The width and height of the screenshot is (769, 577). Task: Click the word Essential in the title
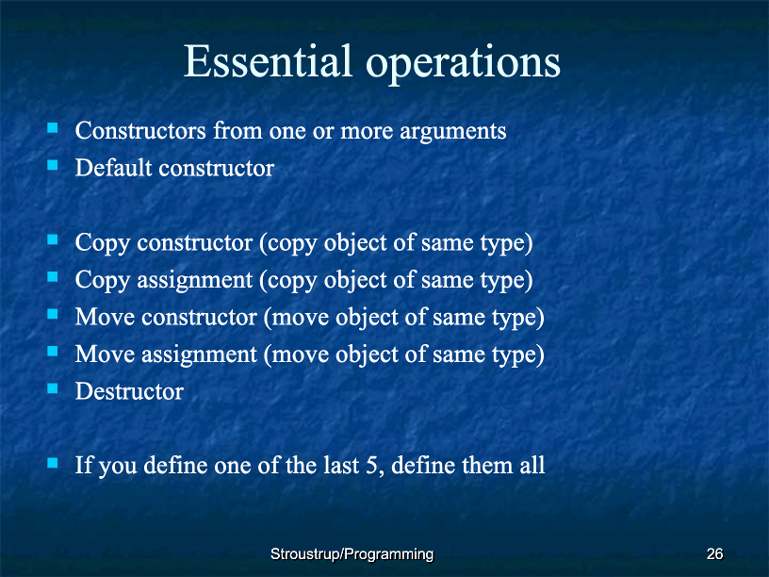(268, 61)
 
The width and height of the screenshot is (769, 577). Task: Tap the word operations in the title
(463, 64)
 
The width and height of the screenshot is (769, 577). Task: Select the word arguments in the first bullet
(453, 131)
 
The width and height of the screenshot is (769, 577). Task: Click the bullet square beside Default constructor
(53, 165)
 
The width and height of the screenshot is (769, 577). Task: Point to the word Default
(114, 168)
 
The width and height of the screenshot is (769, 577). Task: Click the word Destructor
(129, 391)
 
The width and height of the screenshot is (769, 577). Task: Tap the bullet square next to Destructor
(53, 388)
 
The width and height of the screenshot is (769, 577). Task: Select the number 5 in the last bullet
(372, 466)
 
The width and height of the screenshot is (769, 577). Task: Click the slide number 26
(714, 554)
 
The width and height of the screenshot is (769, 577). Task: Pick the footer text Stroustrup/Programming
(352, 554)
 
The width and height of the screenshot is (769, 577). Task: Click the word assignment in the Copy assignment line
(195, 281)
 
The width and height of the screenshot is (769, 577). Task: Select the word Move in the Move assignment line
(105, 354)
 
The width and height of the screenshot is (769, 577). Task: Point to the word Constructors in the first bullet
(140, 131)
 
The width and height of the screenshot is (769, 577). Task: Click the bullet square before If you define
(53, 463)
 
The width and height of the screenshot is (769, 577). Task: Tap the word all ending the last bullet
(532, 465)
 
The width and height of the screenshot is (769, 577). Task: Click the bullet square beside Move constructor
(53, 314)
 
